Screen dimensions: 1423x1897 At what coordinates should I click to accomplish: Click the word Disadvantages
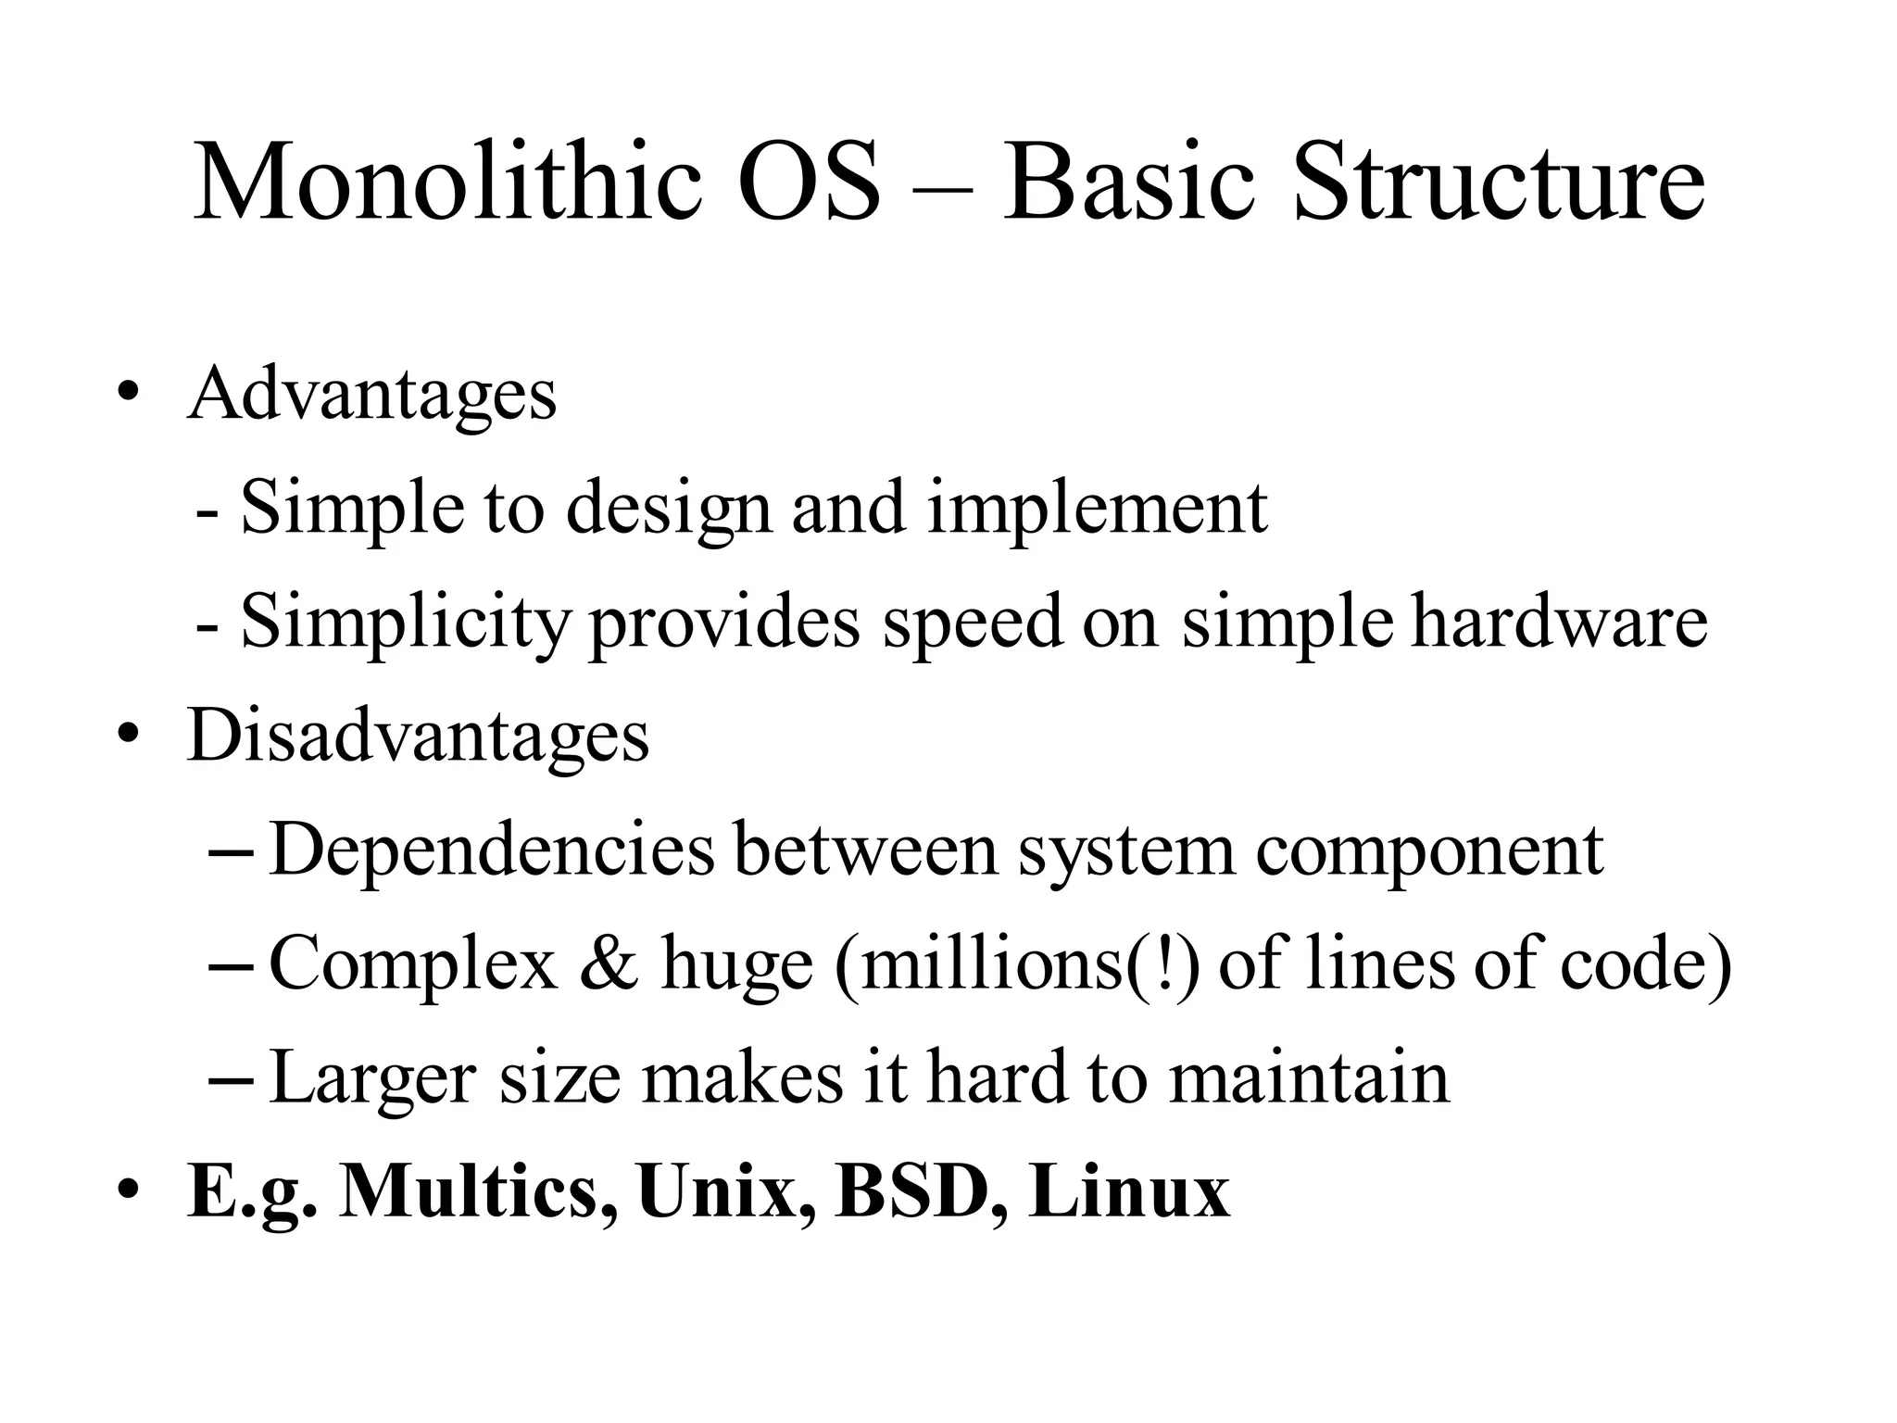pos(418,737)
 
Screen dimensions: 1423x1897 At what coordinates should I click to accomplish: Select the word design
pos(667,510)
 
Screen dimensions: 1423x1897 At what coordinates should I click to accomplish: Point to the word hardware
pos(1559,621)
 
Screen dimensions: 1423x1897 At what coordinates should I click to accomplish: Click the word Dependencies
pos(492,850)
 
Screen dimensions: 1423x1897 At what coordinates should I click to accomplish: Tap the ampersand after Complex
pos(609,963)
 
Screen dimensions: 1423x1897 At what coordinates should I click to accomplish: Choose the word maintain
pos(1309,1077)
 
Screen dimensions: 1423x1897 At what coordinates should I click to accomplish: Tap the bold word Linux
pos(1129,1191)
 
